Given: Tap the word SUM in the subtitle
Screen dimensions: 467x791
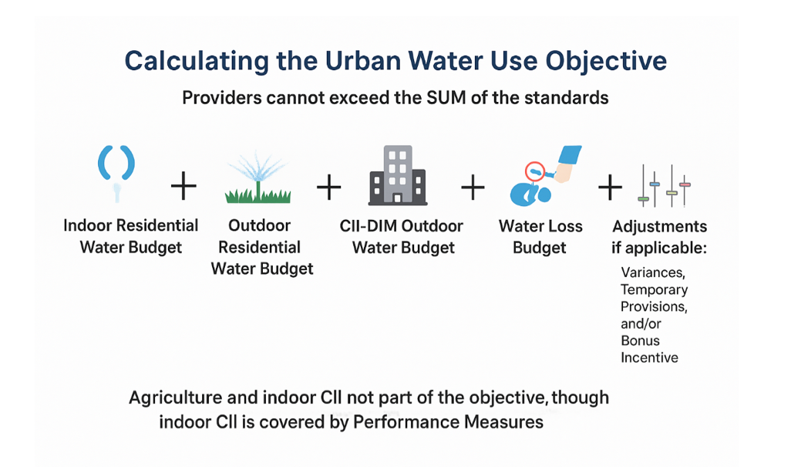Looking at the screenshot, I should click(450, 98).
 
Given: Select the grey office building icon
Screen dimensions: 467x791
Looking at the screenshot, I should click(398, 175).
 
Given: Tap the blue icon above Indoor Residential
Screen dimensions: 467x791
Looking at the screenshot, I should click(117, 171).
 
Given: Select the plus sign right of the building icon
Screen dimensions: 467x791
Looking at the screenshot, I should click(472, 187).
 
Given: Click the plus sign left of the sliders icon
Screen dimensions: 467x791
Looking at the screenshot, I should click(610, 187).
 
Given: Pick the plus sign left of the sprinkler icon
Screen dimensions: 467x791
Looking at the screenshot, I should click(183, 187).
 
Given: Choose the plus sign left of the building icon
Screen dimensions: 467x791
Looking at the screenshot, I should click(328, 187).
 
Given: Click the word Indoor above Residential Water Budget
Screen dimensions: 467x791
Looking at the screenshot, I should click(87, 225).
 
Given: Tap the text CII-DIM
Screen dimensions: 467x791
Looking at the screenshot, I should click(367, 226).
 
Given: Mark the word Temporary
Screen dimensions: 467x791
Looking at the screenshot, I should click(654, 289).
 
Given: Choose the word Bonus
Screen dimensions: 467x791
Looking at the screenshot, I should click(640, 340).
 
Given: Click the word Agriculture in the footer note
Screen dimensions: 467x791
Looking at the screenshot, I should click(177, 398).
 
